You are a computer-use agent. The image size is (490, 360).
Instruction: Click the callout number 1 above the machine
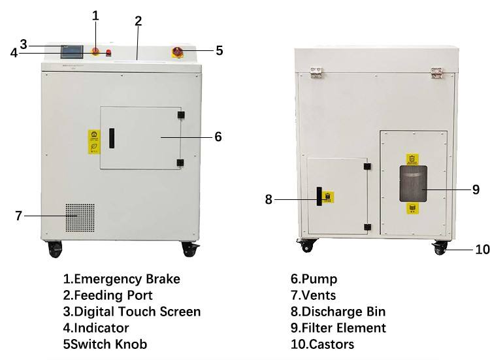coord(96,15)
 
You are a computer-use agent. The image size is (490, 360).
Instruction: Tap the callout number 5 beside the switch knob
coord(219,50)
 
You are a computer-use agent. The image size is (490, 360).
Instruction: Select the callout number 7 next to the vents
coord(18,216)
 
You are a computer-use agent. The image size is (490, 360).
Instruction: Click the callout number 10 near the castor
coord(482,249)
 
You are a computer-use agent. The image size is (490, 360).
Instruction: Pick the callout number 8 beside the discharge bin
coord(269,199)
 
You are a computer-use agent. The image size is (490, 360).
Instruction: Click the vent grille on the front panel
coord(79,218)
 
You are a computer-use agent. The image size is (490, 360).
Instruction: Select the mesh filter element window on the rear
coord(413,184)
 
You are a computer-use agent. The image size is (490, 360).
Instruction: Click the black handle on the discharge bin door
coord(319,196)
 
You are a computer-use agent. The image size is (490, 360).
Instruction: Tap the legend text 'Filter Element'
coord(343,327)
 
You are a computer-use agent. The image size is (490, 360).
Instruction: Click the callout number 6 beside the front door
coord(218,137)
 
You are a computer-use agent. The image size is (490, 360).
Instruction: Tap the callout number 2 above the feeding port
coord(138,20)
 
